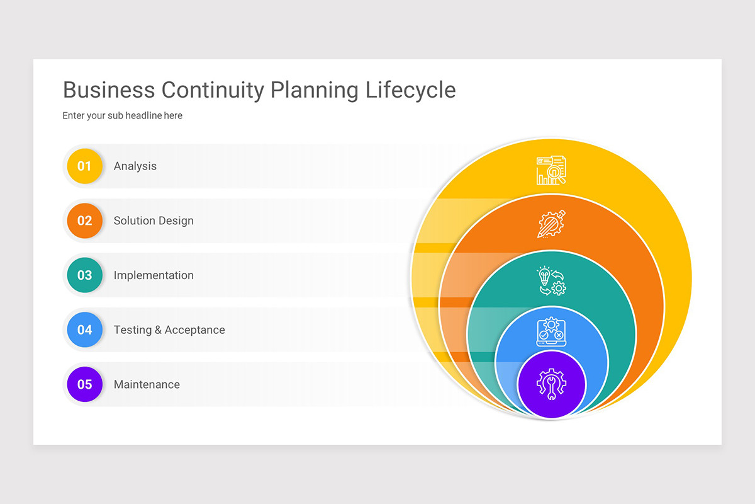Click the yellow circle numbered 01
84,166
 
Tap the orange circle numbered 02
84,220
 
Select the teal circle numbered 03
84,275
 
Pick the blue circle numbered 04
84,329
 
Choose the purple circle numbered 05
84,384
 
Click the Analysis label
135,166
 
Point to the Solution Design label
154,221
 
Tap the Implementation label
154,275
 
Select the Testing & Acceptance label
169,330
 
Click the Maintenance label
147,384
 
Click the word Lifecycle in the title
411,90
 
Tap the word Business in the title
109,90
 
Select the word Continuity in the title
213,90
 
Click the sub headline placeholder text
122,116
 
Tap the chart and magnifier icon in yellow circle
551,170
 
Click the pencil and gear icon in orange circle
551,224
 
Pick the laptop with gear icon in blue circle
551,332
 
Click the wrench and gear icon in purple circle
551,384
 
